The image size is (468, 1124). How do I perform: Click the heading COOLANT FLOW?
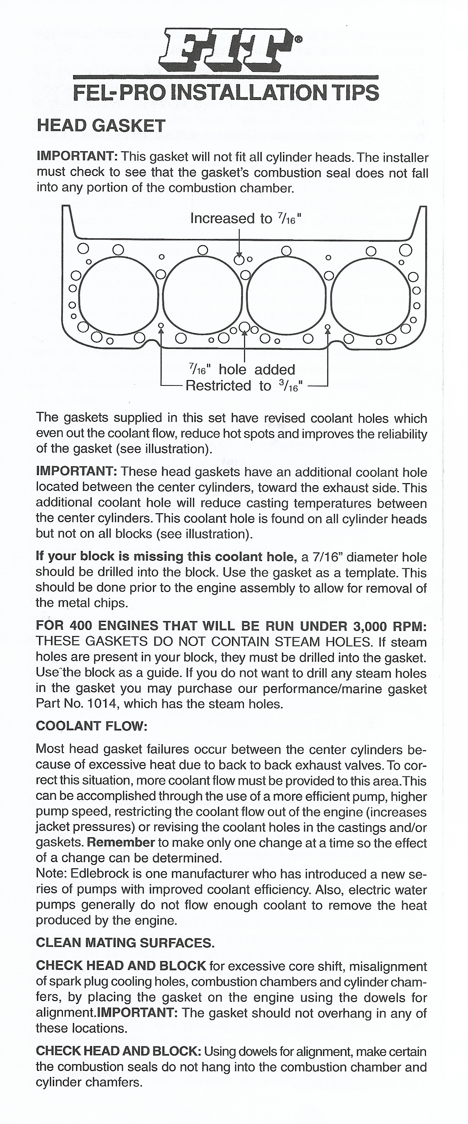pos(92,726)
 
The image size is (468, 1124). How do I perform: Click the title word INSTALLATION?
pos(250,93)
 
